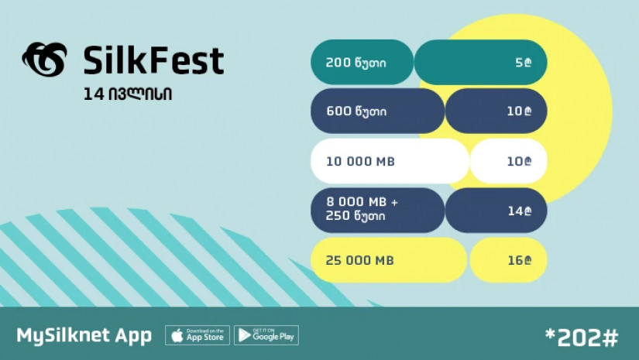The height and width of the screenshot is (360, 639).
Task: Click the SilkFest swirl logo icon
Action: [x=45, y=60]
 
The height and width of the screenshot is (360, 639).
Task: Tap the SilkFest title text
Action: [x=153, y=60]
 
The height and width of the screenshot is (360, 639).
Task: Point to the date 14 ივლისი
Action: [x=128, y=94]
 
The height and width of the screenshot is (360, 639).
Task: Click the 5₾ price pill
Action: [x=481, y=62]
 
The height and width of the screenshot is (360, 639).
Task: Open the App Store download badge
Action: [x=198, y=335]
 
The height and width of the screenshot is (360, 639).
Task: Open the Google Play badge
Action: [x=266, y=335]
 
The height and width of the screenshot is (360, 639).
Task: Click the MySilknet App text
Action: [x=84, y=335]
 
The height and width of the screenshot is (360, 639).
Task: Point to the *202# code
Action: [x=582, y=338]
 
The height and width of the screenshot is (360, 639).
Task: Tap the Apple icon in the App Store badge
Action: [x=177, y=335]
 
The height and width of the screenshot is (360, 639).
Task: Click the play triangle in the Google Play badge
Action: [x=244, y=335]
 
